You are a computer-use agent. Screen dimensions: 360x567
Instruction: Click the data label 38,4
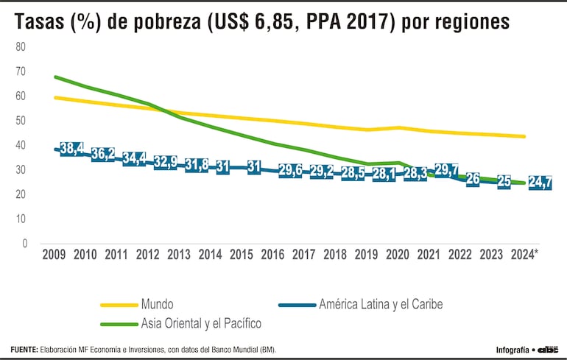(x=71, y=149)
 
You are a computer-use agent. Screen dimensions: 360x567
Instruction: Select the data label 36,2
(x=102, y=154)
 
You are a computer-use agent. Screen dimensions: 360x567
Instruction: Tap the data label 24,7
(x=540, y=183)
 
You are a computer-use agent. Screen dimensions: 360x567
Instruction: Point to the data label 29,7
(x=447, y=170)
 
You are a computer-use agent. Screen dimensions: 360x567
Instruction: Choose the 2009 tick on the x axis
(x=54, y=255)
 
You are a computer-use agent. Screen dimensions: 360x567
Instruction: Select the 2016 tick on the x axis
(x=273, y=255)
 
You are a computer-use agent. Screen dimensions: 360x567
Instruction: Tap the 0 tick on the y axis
(x=24, y=243)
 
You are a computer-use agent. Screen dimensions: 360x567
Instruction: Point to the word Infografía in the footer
(x=511, y=349)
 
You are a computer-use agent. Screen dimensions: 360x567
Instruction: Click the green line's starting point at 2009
(x=55, y=77)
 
